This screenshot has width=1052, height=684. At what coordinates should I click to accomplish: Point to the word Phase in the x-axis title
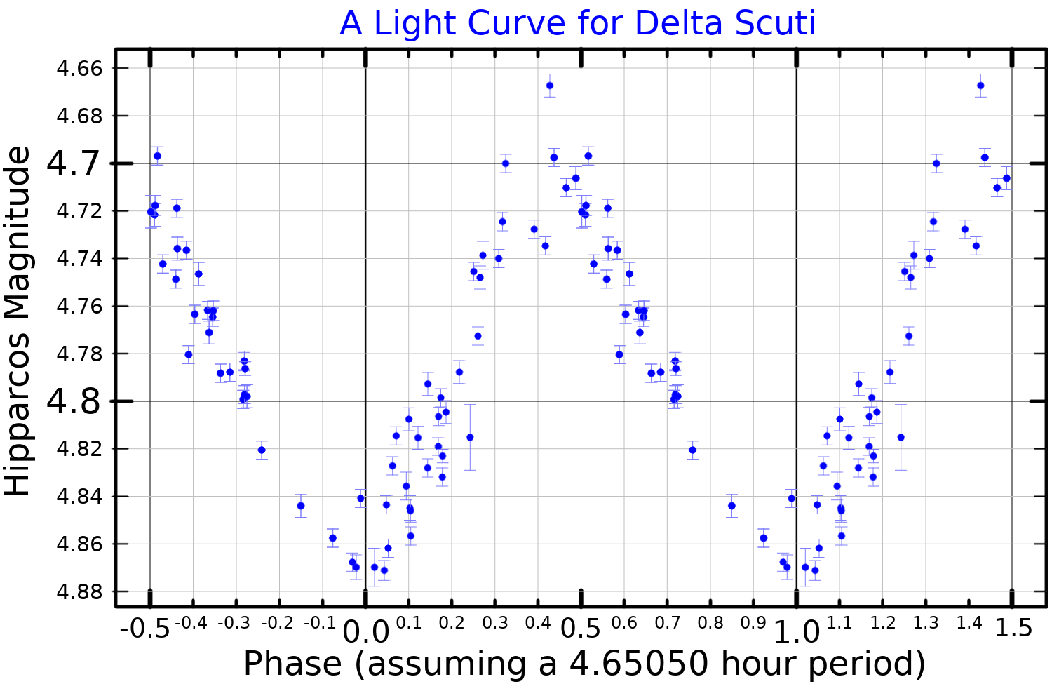pyautogui.click(x=293, y=664)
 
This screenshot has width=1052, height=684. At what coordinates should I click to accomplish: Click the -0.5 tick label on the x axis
pyautogui.click(x=144, y=629)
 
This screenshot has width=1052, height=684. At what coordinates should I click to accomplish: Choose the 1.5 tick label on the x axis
pyautogui.click(x=1014, y=629)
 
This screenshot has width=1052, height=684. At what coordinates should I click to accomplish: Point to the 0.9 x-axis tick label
pyautogui.click(x=753, y=622)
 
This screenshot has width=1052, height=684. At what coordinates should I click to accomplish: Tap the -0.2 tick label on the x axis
pyautogui.click(x=279, y=622)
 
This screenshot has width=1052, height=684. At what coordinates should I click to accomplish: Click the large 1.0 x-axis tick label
pyautogui.click(x=796, y=632)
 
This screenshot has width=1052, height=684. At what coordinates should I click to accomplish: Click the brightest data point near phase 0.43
pyautogui.click(x=550, y=86)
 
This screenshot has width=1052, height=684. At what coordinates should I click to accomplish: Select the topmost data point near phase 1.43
pyautogui.click(x=980, y=86)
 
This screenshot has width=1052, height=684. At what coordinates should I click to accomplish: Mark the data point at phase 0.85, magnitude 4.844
pyautogui.click(x=731, y=506)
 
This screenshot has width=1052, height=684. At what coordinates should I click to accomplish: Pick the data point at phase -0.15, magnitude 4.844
pyautogui.click(x=301, y=506)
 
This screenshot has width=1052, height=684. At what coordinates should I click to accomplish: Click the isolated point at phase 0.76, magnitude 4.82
pyautogui.click(x=692, y=450)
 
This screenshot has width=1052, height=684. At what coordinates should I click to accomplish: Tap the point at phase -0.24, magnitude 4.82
pyautogui.click(x=262, y=450)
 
